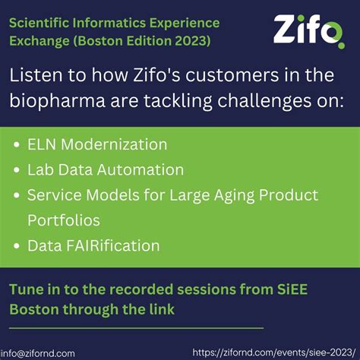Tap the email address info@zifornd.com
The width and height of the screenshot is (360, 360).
38,353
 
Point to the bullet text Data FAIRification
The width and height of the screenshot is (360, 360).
93,245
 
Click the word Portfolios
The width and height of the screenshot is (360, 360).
64,220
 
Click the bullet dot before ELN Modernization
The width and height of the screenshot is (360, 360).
17,144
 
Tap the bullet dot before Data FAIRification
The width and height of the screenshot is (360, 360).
17,246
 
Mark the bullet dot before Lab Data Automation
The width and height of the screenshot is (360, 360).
17,170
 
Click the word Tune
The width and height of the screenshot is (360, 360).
27,289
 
